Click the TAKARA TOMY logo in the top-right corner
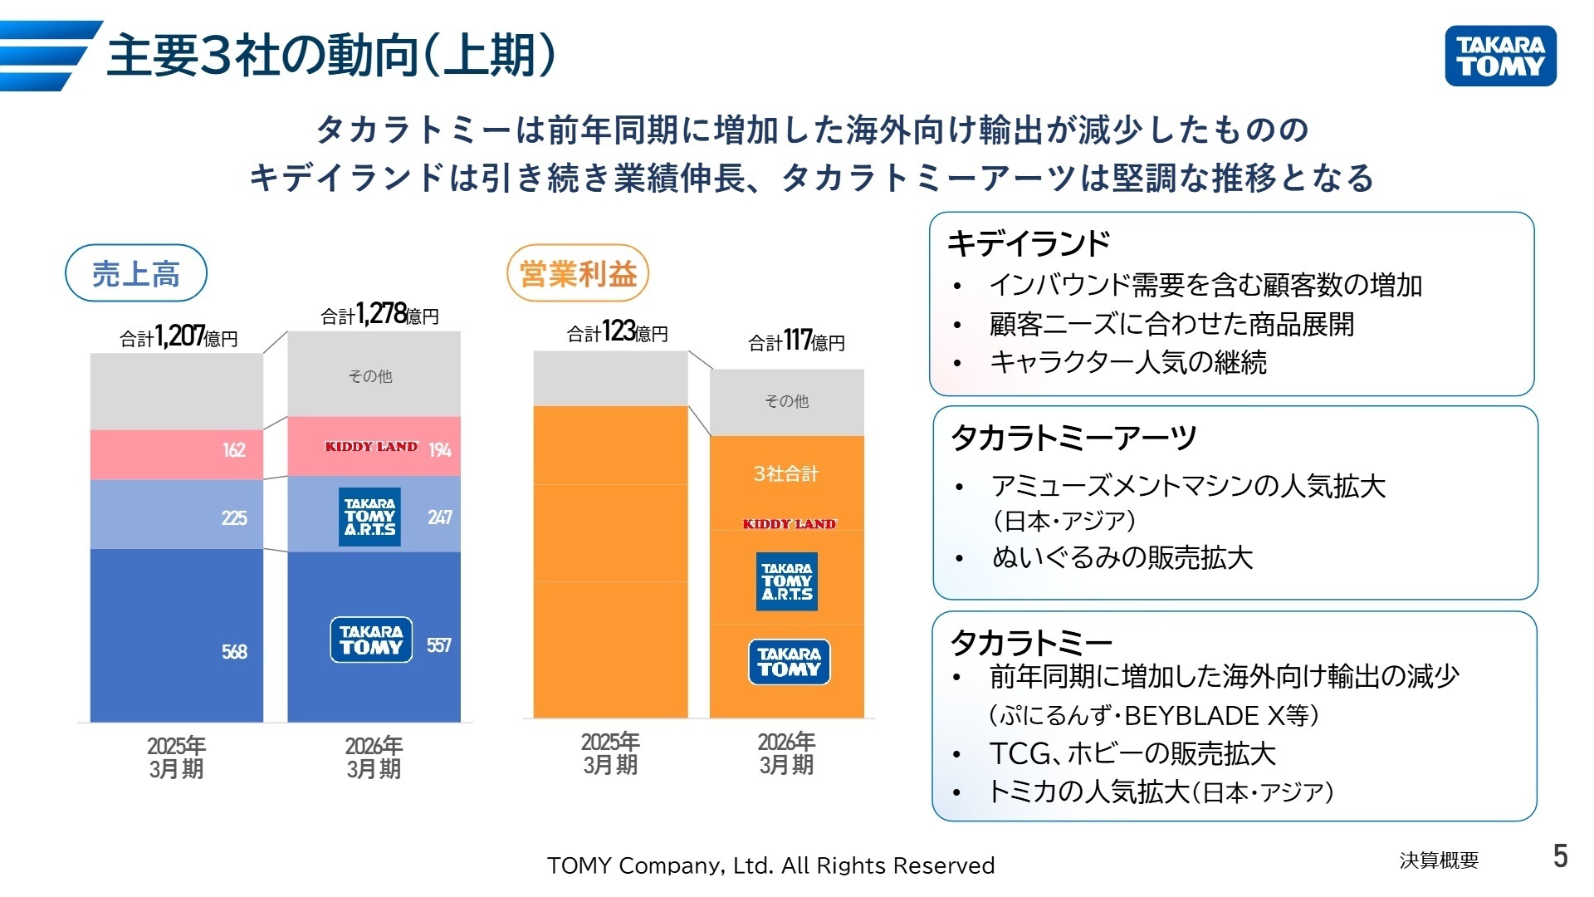click(x=1500, y=56)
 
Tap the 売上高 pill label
click(x=135, y=273)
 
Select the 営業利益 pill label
click(x=578, y=273)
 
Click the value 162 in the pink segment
click(x=234, y=450)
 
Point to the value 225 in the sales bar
click(x=234, y=518)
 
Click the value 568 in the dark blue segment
click(x=234, y=652)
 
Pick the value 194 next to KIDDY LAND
click(x=440, y=450)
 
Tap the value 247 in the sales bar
click(x=440, y=517)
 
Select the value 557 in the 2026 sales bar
click(x=439, y=645)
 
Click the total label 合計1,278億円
click(x=379, y=315)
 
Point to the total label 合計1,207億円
click(x=178, y=336)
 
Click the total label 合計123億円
click(x=617, y=332)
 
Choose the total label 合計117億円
click(x=796, y=341)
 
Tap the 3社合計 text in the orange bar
click(x=785, y=474)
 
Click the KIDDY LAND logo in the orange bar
click(x=790, y=524)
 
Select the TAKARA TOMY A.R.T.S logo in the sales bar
click(x=369, y=517)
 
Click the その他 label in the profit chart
click(x=786, y=401)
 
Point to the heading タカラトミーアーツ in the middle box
click(x=1073, y=438)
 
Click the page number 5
click(x=1561, y=856)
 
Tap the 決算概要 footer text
click(x=1439, y=860)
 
